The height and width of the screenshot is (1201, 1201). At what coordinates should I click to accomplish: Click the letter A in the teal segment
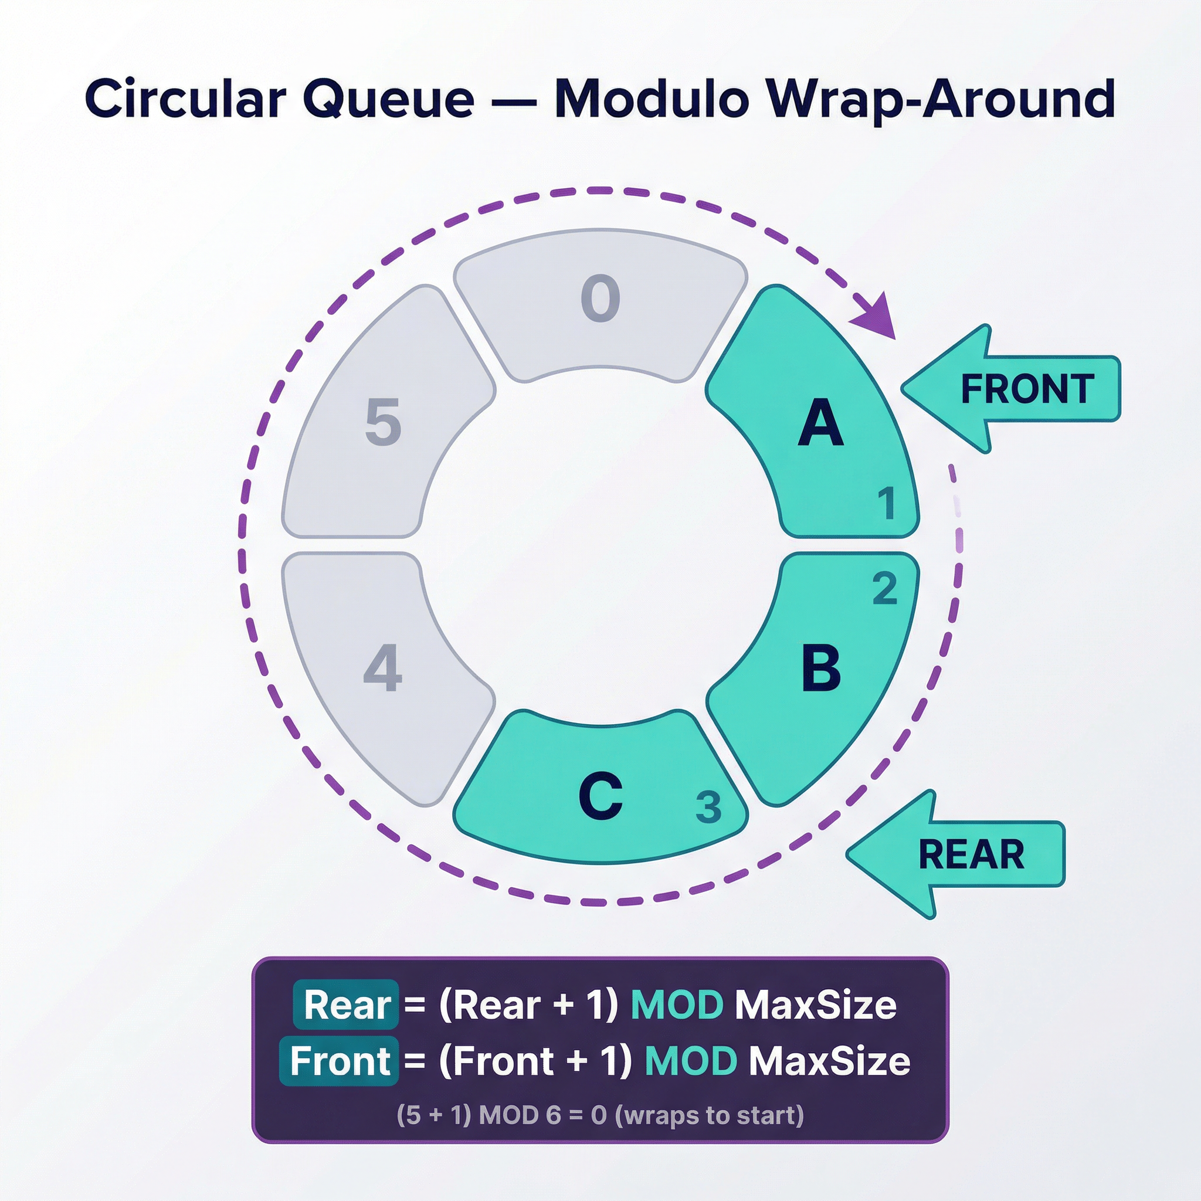pos(820,423)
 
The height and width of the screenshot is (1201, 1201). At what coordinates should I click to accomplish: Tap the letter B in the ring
pos(821,669)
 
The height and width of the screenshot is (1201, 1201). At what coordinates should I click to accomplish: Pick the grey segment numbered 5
pos(383,423)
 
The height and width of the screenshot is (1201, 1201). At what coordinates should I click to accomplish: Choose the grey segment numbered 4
pos(383,669)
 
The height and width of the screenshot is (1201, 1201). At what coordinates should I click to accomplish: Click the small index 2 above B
pos(884,589)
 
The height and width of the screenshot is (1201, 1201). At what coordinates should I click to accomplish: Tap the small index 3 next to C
pos(708,807)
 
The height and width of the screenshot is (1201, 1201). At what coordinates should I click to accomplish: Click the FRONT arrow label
pos(1027,389)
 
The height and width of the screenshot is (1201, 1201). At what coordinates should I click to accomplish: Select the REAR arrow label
pos(971,855)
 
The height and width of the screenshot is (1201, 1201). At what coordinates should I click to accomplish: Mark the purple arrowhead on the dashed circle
pos(876,317)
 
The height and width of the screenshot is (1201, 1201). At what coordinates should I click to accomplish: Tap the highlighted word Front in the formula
pos(340,1060)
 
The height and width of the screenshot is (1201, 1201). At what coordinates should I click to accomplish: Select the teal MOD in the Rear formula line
pos(677,1005)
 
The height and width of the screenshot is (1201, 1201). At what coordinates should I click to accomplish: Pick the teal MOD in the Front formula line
pos(691,1060)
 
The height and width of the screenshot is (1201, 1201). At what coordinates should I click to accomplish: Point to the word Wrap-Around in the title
pos(939,100)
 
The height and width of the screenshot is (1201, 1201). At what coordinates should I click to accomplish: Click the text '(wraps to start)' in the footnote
pos(708,1115)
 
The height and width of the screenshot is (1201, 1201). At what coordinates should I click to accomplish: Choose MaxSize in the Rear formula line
pos(816,1005)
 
